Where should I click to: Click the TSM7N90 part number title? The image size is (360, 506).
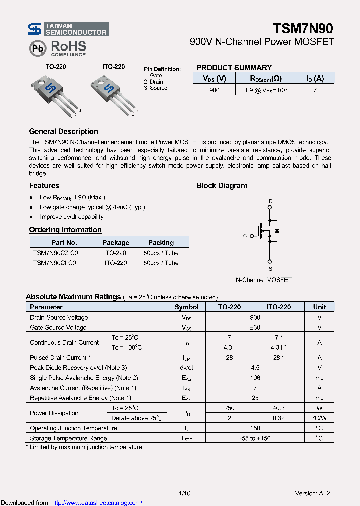pyautogui.click(x=303, y=28)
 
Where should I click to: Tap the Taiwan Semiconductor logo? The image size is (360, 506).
pyautogui.click(x=68, y=29)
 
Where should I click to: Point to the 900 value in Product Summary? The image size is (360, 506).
pyautogui.click(x=214, y=90)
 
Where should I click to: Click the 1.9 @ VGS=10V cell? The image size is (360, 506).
pyautogui.click(x=265, y=90)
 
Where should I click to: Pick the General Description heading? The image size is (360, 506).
pyautogui.click(x=63, y=132)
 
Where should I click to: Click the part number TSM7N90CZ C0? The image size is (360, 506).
pyautogui.click(x=55, y=253)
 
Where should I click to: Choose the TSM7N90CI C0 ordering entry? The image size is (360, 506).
pyautogui.click(x=54, y=263)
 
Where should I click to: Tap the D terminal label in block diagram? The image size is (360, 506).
pyautogui.click(x=270, y=202)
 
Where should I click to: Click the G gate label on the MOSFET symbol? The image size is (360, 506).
pyautogui.click(x=245, y=235)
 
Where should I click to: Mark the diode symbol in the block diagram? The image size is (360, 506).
pyautogui.click(x=277, y=231)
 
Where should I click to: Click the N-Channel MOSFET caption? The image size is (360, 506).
pyautogui.click(x=263, y=280)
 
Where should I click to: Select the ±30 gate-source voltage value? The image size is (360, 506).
pyautogui.click(x=255, y=327)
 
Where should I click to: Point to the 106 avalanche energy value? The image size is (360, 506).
pyautogui.click(x=255, y=378)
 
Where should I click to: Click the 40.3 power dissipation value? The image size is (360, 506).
pyautogui.click(x=279, y=408)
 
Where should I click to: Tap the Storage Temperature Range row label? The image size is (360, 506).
pyautogui.click(x=68, y=438)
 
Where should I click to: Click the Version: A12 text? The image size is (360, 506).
pyautogui.click(x=312, y=493)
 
